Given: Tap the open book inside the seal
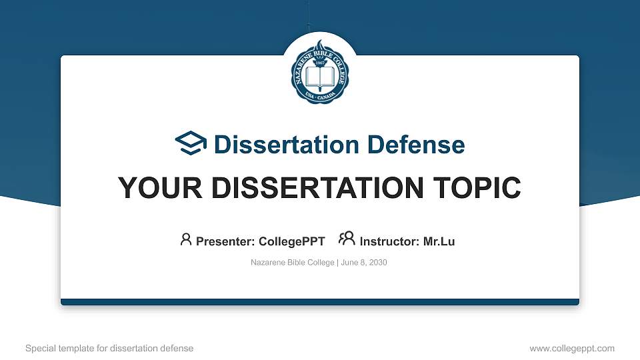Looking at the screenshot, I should pos(320,79).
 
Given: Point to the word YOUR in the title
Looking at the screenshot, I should pos(155,189).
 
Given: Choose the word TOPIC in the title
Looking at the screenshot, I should pos(479,189).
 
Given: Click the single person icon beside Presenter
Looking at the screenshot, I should pos(186,239).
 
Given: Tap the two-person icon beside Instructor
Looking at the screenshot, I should pos(347,239).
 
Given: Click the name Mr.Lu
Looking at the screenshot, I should pos(439,241).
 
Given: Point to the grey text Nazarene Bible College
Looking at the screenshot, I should pos(293,263).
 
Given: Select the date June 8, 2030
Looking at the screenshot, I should pos(364,263).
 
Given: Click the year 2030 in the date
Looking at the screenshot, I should pos(377,263).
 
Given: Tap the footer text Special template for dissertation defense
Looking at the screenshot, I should pos(109,348).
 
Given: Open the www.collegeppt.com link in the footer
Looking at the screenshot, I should pos(572,348).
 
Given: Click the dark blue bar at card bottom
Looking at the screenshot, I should pos(320,302).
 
